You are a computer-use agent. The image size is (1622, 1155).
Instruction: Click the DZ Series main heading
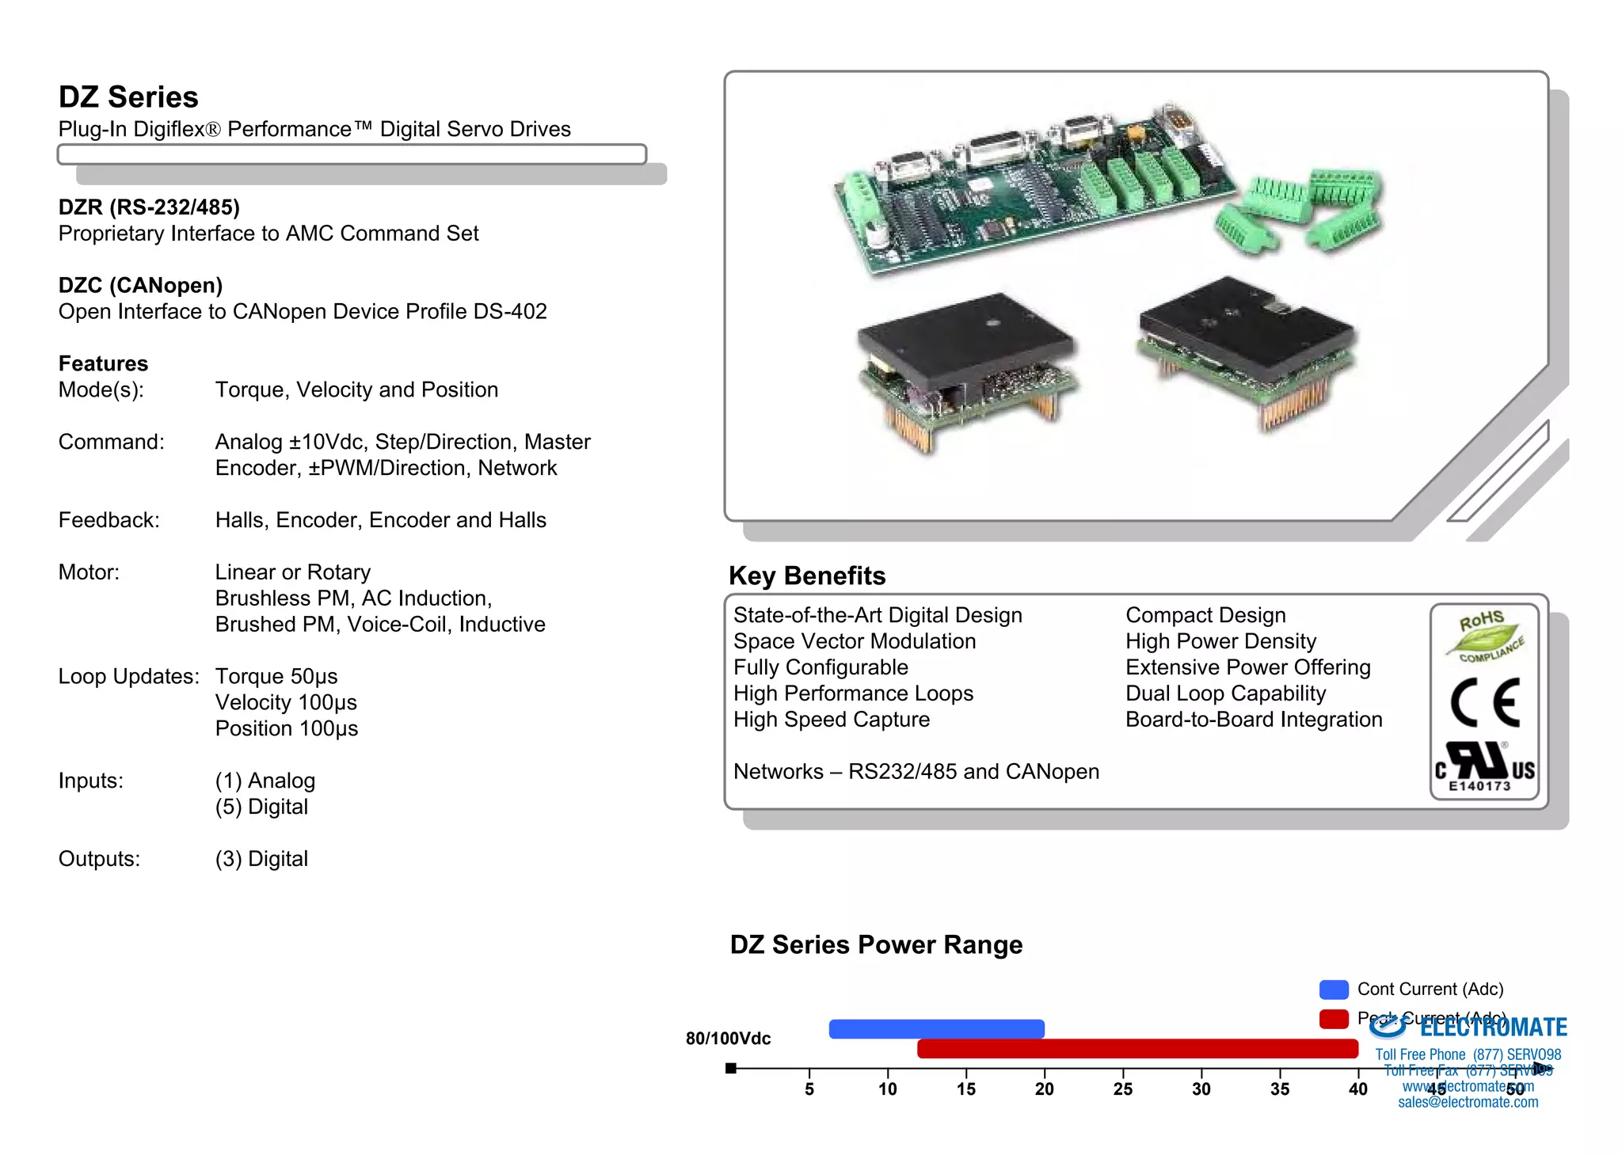coord(128,97)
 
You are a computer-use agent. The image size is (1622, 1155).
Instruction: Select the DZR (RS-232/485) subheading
coord(149,207)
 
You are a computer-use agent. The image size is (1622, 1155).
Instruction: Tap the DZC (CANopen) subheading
coord(140,285)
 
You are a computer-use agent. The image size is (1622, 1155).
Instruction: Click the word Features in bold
coord(103,363)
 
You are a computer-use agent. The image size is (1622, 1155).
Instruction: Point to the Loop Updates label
coord(128,676)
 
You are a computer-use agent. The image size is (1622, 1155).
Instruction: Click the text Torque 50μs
coord(276,676)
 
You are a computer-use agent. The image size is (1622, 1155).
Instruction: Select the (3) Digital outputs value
coord(261,859)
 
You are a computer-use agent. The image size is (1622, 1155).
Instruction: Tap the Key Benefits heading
coord(806,576)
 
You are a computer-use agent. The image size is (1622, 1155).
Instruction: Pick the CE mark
coord(1485,702)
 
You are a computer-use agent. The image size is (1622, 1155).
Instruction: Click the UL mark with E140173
coord(1484,766)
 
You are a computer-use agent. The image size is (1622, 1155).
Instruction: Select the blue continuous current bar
coord(936,1028)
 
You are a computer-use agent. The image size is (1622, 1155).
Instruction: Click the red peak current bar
coord(1137,1048)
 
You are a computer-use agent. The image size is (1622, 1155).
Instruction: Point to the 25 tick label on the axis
coord(1122,1089)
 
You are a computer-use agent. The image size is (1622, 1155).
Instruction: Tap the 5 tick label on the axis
coord(809,1089)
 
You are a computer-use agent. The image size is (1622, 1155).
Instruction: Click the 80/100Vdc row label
coord(728,1039)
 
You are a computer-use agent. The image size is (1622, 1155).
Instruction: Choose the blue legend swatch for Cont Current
coord(1334,990)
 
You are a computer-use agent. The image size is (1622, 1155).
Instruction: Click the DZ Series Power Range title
coord(876,944)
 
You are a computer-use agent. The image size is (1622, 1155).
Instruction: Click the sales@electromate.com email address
coord(1468,1102)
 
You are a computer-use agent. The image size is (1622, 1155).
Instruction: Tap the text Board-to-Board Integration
coord(1254,720)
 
